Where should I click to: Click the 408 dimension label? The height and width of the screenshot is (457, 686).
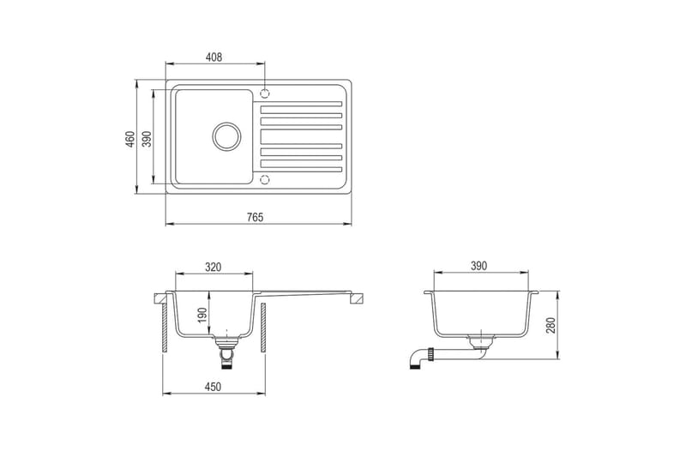coord(214,57)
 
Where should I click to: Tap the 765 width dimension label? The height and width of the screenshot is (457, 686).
coord(256,217)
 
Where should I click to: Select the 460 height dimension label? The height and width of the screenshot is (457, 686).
coord(130,139)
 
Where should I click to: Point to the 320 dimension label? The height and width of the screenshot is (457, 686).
coord(213,267)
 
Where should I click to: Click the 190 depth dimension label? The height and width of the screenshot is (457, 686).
coord(202,316)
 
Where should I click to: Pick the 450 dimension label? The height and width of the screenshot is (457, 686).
coord(213,387)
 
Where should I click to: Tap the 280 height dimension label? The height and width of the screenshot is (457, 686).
coord(551,325)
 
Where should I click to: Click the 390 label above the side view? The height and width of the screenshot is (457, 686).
coord(479,266)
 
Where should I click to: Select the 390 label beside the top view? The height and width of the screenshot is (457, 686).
coord(147,139)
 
